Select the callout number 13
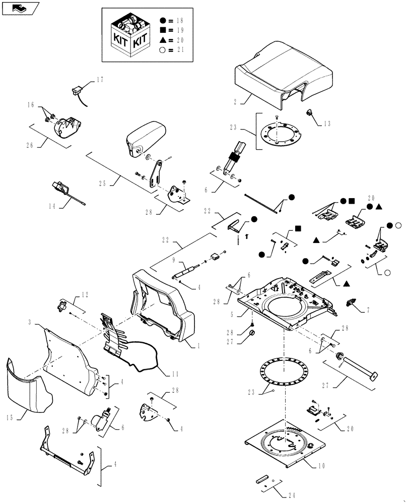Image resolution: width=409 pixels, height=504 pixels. click(328, 123)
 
